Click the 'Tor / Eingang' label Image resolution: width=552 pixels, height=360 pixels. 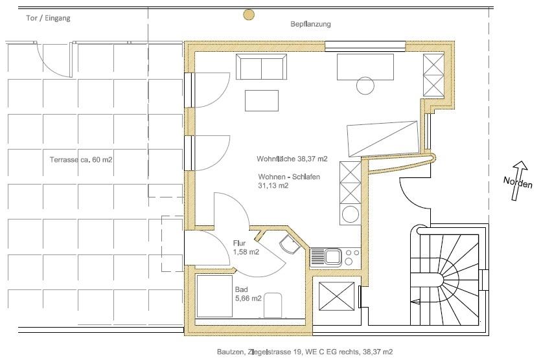[48, 18]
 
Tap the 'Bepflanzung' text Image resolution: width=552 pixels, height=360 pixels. [310, 24]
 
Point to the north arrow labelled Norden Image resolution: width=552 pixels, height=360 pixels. [518, 181]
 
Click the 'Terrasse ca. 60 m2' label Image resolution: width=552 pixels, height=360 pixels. [81, 159]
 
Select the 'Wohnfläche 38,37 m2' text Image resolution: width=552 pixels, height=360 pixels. [292, 159]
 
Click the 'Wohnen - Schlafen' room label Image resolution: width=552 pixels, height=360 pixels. [289, 177]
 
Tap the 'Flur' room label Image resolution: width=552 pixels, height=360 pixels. [239, 243]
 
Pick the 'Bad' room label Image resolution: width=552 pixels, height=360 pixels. [242, 289]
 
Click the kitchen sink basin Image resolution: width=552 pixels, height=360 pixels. [332, 256]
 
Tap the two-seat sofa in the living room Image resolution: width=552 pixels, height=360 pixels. [261, 67]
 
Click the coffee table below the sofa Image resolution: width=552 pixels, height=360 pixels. [262, 100]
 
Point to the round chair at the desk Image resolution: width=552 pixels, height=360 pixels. [365, 85]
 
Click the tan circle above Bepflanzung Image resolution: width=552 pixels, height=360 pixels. [249, 14]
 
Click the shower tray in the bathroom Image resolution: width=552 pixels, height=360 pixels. [214, 297]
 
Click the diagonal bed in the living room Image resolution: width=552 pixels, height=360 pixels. [383, 139]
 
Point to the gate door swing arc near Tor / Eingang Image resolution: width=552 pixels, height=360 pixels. [53, 60]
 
